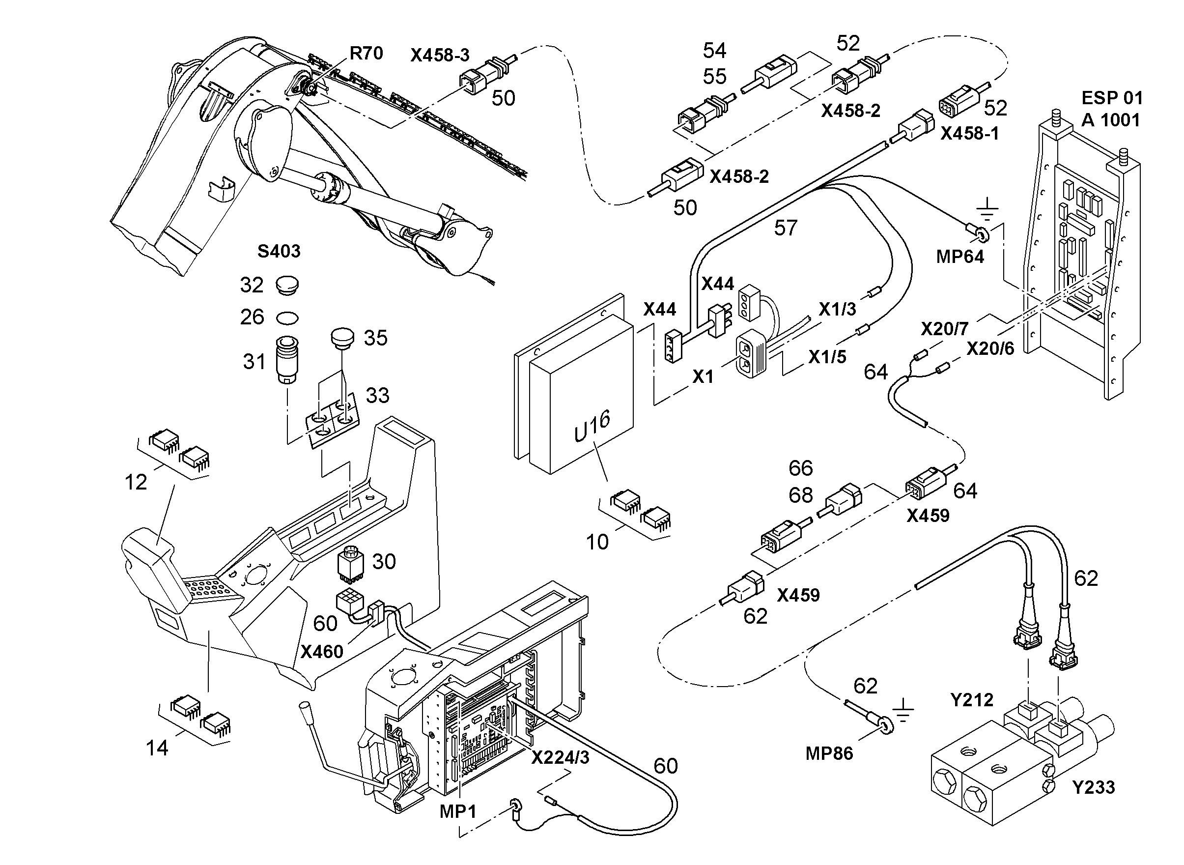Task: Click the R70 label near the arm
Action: click(366, 54)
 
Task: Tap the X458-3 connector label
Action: click(440, 55)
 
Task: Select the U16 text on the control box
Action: click(592, 426)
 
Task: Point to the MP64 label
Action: click(960, 257)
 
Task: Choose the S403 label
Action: click(279, 251)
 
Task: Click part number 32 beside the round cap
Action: click(252, 285)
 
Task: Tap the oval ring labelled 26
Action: click(287, 318)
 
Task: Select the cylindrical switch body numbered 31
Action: click(287, 360)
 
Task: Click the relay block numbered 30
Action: click(351, 564)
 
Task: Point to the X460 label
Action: click(321, 652)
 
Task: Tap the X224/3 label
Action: click(560, 758)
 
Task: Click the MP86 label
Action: click(829, 753)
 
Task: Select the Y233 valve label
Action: click(1094, 787)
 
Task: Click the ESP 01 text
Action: click(1111, 98)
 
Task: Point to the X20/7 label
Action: click(944, 329)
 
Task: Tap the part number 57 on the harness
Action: click(786, 228)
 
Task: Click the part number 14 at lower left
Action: click(157, 748)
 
